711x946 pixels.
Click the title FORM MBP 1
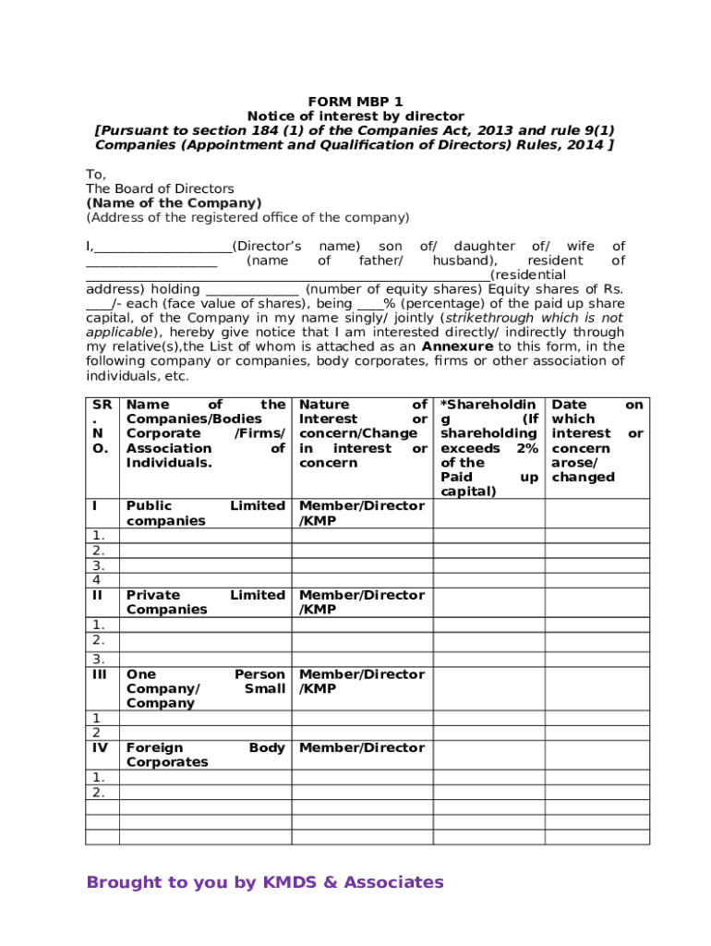[355, 102]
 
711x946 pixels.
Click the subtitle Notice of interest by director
[355, 116]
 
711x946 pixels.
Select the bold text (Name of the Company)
[174, 203]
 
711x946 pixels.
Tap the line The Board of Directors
[160, 188]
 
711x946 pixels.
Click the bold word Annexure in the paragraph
[457, 346]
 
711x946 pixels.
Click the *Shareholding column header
[488, 448]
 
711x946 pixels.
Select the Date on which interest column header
[597, 441]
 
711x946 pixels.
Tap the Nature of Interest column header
[363, 433]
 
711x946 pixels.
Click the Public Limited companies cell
[205, 514]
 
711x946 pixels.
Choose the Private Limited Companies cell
[205, 602]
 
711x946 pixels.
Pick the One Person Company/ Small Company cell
[205, 689]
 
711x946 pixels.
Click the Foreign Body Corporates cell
[205, 755]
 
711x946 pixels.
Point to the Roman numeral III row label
[97, 675]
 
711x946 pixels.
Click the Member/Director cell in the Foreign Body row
[362, 748]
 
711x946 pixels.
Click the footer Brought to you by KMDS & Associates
[265, 883]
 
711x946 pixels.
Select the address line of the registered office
[247, 218]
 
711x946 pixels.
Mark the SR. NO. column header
[102, 427]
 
